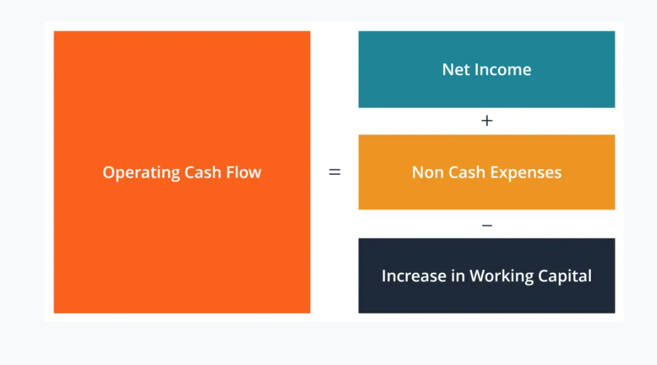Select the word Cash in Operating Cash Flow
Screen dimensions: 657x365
pyautogui.click(x=203, y=172)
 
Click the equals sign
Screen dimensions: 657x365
pyautogui.click(x=334, y=172)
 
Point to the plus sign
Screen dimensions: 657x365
pyautogui.click(x=487, y=121)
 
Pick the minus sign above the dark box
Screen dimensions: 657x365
pyautogui.click(x=487, y=225)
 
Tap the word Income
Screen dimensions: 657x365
pyautogui.click(x=503, y=69)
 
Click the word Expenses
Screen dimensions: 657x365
pyautogui.click(x=526, y=173)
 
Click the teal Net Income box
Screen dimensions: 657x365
pyautogui.click(x=487, y=69)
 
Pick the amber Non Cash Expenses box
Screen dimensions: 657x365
pyautogui.click(x=487, y=172)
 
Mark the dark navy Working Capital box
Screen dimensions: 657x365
pyautogui.click(x=487, y=276)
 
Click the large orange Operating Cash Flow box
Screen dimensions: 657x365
pyautogui.click(x=182, y=172)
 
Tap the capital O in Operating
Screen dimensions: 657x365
pyautogui.click(x=109, y=172)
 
